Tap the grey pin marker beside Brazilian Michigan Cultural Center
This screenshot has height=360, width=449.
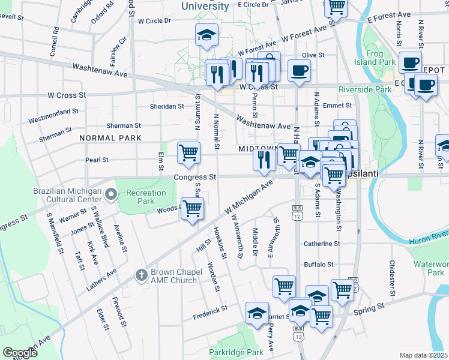[x=110, y=194]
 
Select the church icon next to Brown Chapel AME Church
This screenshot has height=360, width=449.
[x=141, y=274]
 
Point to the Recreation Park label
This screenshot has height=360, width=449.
[x=145, y=197]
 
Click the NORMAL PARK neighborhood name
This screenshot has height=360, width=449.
[x=110, y=138]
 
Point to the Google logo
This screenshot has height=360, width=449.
[x=20, y=353]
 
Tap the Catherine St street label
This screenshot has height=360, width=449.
[x=322, y=244]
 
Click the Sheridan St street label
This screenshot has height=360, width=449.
[x=167, y=106]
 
